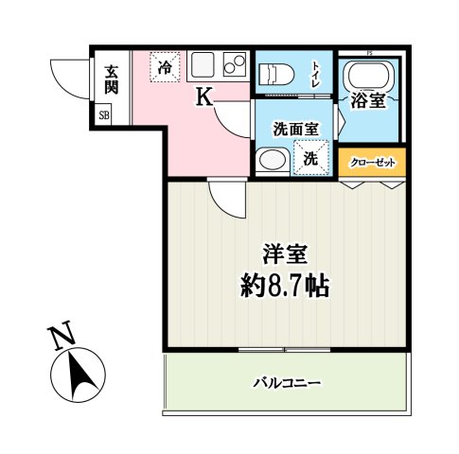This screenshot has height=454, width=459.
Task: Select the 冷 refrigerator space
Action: pos(166,67)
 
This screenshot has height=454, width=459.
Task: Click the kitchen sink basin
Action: pos(203,66)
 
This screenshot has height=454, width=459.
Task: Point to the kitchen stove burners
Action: pos(232,66)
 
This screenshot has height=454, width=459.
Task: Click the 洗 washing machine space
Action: pos(309,158)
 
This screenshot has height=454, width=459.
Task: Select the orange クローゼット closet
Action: pos(372,162)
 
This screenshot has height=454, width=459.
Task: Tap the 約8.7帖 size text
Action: pos(284,286)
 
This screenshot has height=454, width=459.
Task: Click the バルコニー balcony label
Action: pos(287,383)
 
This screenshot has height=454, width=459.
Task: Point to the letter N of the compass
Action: pos(61,337)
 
